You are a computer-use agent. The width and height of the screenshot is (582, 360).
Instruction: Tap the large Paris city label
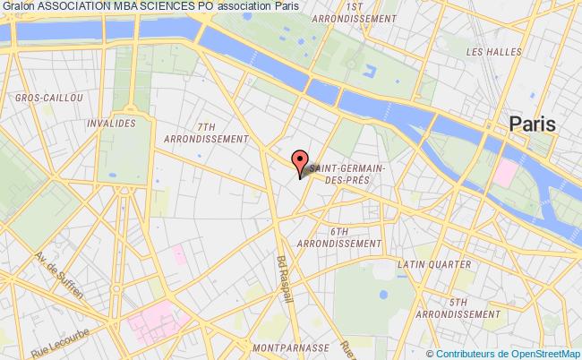pos(531,124)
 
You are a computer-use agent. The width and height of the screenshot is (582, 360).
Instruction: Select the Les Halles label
pos(493,52)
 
